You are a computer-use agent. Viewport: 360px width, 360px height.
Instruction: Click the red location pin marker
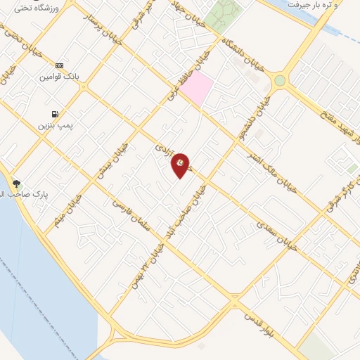[181, 165]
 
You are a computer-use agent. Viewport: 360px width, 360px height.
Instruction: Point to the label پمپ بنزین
[56, 124]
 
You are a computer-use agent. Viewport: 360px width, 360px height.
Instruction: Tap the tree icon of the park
[16, 184]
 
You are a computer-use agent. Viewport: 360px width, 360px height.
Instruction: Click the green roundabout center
[280, 80]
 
